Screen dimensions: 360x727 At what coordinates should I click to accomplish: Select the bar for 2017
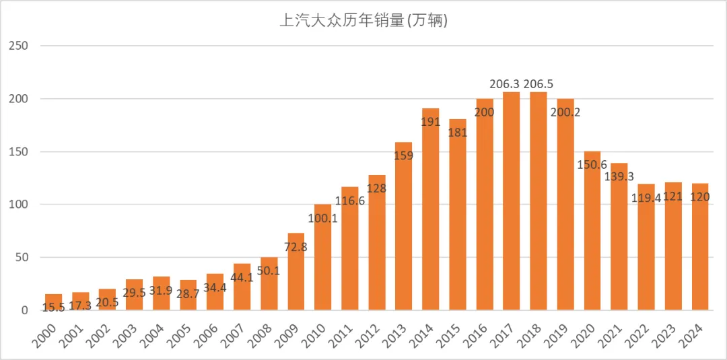[512, 202]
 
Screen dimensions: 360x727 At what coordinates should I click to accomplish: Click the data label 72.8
[296, 247]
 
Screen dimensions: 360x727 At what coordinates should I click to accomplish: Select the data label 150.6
[592, 165]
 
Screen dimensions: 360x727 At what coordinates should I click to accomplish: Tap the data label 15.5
[54, 307]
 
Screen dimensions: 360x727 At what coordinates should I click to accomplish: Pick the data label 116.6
[350, 201]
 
